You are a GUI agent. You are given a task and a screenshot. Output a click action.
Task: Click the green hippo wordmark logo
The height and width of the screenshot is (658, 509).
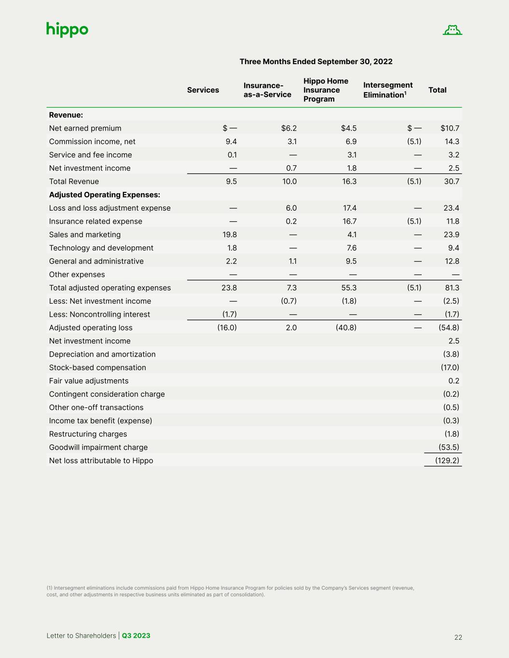pyautogui.click(x=67, y=30)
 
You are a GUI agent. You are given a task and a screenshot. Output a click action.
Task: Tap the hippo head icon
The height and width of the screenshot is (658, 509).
pyautogui.click(x=452, y=30)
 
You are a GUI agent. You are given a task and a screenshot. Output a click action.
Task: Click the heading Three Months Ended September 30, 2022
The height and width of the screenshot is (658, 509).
pyautogui.click(x=316, y=62)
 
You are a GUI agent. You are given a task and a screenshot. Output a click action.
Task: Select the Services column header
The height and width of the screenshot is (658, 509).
pyautogui.click(x=203, y=90)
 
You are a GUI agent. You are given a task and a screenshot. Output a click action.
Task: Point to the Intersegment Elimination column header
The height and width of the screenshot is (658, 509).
pyautogui.click(x=387, y=90)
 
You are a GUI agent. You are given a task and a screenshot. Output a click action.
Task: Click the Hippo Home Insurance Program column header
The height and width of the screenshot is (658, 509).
pyautogui.click(x=326, y=90)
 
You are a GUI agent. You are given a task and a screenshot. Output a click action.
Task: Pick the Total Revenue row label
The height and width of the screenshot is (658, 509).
pyautogui.click(x=74, y=182)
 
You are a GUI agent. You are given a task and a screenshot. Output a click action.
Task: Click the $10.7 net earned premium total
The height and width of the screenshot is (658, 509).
pyautogui.click(x=450, y=128)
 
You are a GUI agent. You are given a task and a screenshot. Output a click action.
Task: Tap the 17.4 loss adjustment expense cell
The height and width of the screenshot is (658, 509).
pyautogui.click(x=349, y=208)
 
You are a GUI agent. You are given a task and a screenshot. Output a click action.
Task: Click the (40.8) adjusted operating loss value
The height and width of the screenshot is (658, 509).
pyautogui.click(x=346, y=328)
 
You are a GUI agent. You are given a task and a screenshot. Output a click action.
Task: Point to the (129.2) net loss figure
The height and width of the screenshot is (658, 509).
pyautogui.click(x=447, y=461)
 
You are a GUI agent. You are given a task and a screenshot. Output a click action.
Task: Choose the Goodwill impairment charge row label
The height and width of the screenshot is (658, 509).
pyautogui.click(x=98, y=447)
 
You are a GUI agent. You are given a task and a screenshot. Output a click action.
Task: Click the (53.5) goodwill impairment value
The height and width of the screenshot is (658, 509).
pyautogui.click(x=449, y=447)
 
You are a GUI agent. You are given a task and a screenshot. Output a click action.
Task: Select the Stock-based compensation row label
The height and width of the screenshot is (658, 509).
pyautogui.click(x=97, y=368)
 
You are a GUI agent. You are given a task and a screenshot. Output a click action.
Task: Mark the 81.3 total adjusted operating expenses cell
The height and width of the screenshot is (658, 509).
pyautogui.click(x=452, y=288)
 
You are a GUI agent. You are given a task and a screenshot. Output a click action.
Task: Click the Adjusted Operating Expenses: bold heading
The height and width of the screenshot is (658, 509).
pyautogui.click(x=104, y=195)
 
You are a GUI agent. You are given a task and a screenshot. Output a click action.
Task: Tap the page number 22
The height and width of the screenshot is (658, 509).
pyautogui.click(x=458, y=637)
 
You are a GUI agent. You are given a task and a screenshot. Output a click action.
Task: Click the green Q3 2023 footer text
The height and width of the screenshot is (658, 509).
pyautogui.click(x=136, y=636)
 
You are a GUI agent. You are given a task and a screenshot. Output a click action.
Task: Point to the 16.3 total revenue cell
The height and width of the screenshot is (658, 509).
pyautogui.click(x=349, y=182)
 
